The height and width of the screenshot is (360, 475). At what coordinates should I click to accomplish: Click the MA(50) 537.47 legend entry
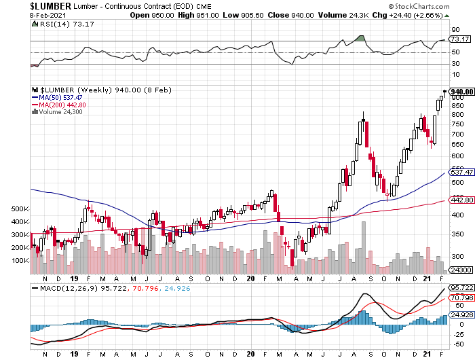(x=57, y=98)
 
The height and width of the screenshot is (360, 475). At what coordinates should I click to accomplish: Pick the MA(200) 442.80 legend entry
(x=59, y=105)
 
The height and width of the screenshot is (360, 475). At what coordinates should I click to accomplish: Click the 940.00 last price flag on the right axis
(x=461, y=92)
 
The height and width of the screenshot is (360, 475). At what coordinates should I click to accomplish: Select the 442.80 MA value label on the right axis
(x=460, y=200)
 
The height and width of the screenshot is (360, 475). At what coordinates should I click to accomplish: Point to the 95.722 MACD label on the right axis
(x=460, y=288)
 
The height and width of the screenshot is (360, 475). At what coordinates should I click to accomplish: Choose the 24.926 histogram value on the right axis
(x=460, y=314)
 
